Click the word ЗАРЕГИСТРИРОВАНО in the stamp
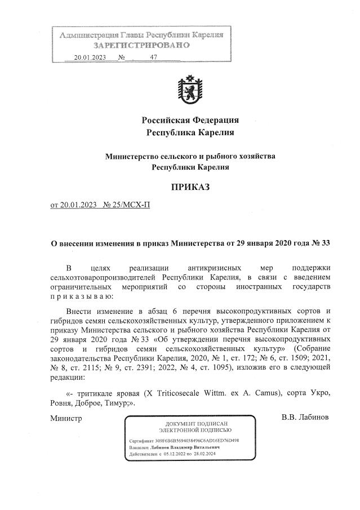coord(141,45)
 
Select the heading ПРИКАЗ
coord(190,187)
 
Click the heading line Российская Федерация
coord(190,120)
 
